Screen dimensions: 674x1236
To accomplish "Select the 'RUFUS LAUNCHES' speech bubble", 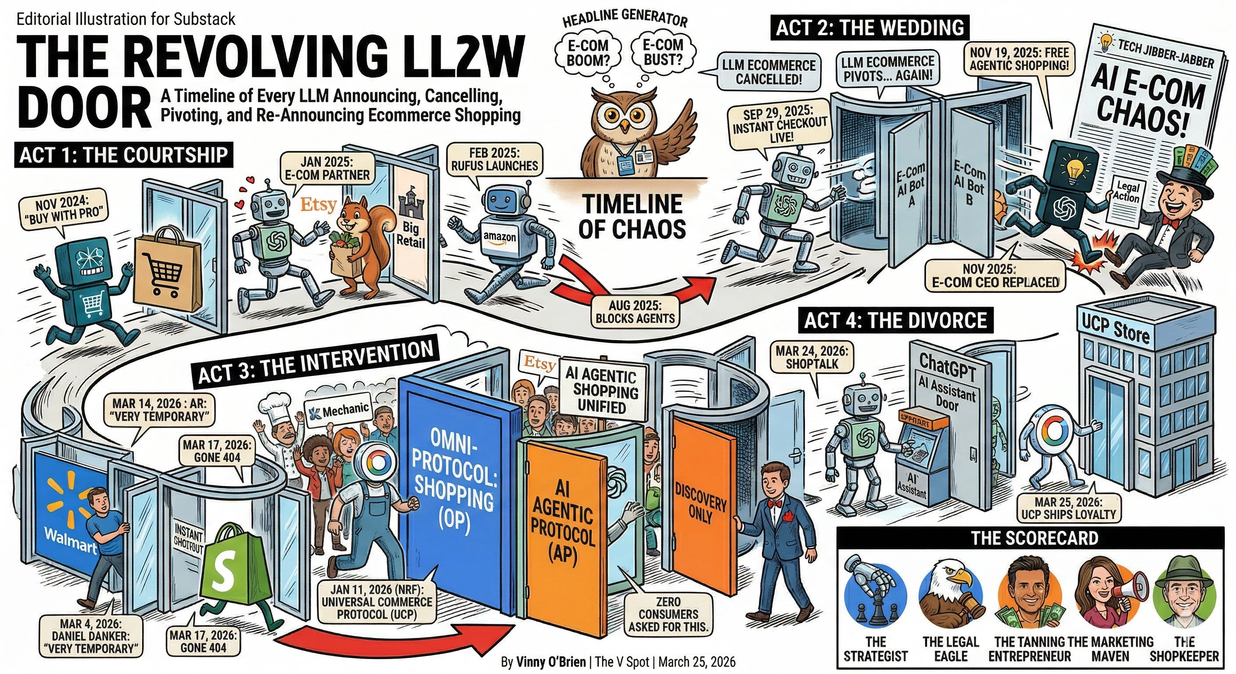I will click(x=494, y=159).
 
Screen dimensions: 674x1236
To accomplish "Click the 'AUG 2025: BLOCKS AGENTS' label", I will click(x=635, y=312).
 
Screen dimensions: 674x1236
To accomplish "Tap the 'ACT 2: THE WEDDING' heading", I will click(x=870, y=27).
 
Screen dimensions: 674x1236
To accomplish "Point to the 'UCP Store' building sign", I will click(x=1116, y=328).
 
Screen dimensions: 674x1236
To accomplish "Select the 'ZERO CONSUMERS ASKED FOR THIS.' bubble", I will click(x=668, y=614).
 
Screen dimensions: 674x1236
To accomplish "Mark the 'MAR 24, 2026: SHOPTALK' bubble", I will click(x=812, y=357).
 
